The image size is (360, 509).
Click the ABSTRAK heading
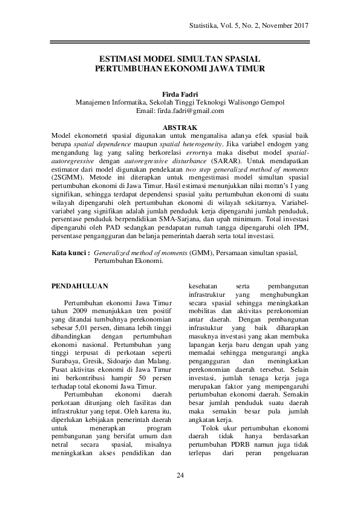(180, 128)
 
